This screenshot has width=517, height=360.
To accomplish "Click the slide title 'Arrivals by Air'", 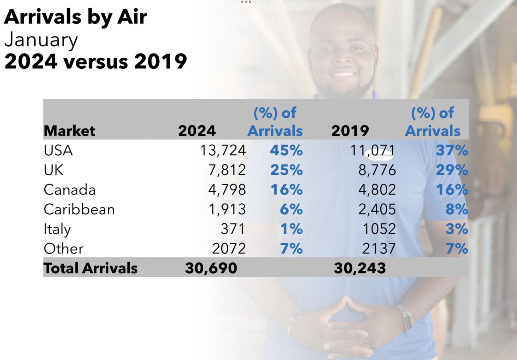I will tap(76, 17).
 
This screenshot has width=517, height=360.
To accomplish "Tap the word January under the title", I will tap(41, 40).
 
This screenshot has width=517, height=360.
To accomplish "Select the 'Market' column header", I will tap(69, 131).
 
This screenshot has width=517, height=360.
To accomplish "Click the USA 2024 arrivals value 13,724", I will tap(223, 150).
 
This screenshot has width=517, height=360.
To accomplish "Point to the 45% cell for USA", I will tap(286, 150).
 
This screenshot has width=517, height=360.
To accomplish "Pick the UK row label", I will tap(54, 170).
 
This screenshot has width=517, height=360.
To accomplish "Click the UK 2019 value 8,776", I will tap(377, 170).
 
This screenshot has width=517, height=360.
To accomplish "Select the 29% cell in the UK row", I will tap(452, 170).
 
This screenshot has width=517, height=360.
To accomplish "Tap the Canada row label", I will tap(70, 190).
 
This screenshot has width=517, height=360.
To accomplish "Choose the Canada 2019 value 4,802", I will tap(377, 190).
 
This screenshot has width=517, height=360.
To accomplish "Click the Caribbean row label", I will tap(79, 209).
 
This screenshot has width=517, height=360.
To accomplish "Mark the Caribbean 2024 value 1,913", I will tap(227, 209).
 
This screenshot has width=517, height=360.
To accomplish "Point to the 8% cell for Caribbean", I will tap(457, 209).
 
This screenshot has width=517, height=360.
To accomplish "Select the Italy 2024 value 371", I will tap(233, 229).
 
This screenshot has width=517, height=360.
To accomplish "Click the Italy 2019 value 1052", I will tap(379, 229).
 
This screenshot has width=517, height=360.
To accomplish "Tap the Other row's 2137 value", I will tap(379, 249).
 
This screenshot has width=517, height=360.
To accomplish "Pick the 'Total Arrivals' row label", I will tap(91, 268).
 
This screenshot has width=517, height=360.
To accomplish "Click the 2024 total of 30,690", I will tap(211, 268).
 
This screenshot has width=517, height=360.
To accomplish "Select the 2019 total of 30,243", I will tap(360, 268).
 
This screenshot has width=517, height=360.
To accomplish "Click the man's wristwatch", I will tap(406, 317).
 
